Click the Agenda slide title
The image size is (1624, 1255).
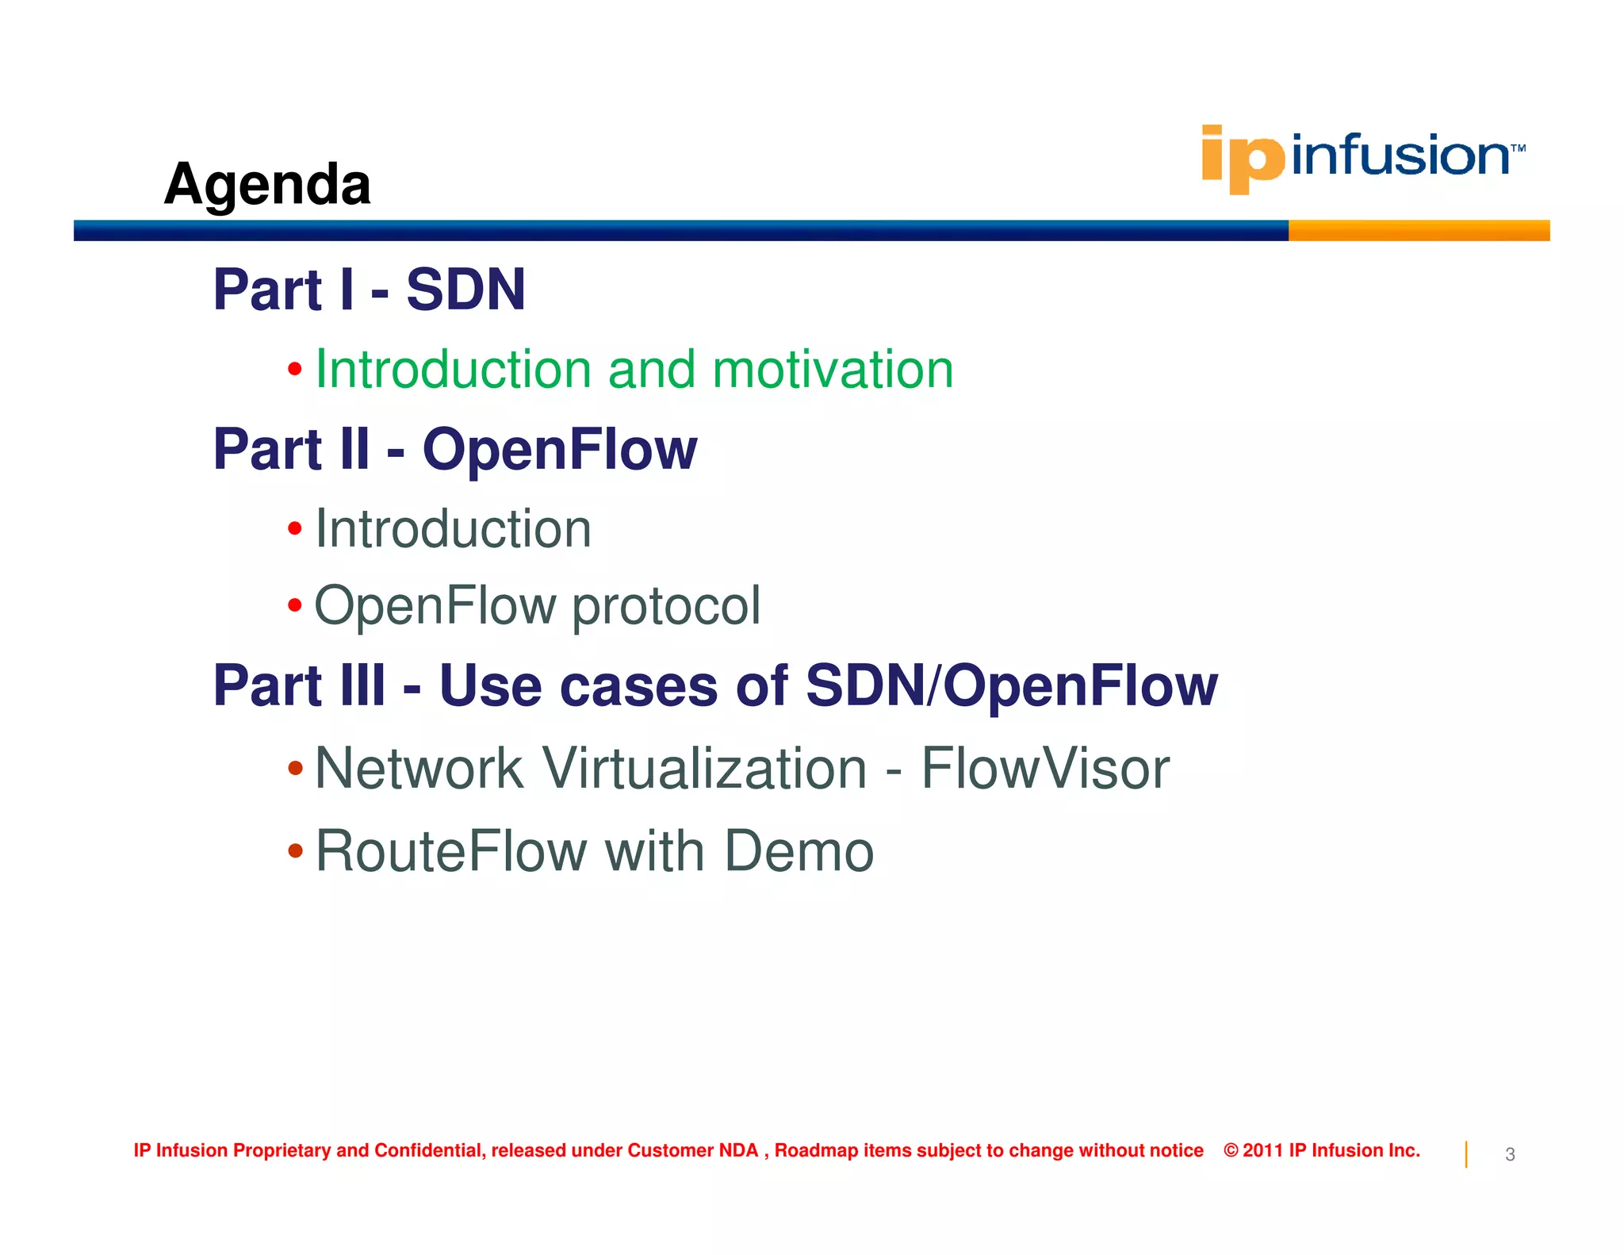click(267, 184)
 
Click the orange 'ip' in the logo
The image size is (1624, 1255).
click(1241, 158)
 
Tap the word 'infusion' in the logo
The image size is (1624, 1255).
click(1400, 155)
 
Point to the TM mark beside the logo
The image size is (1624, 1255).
click(1518, 148)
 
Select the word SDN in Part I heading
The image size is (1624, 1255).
click(465, 290)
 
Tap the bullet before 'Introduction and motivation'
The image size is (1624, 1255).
click(295, 369)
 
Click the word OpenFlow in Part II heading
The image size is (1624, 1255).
click(559, 449)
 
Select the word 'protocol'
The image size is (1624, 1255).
click(666, 606)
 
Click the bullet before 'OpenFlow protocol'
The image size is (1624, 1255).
click(295, 606)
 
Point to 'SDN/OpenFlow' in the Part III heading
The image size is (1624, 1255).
click(1011, 685)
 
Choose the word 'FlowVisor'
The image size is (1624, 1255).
click(1044, 769)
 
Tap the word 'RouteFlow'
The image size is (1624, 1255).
click(450, 851)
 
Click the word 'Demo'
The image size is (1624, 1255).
click(799, 851)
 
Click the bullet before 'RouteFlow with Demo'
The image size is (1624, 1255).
click(295, 851)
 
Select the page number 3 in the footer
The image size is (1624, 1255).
click(1510, 1154)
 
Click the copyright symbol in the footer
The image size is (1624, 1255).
click(1231, 1150)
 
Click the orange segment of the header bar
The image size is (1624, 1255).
click(1418, 231)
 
